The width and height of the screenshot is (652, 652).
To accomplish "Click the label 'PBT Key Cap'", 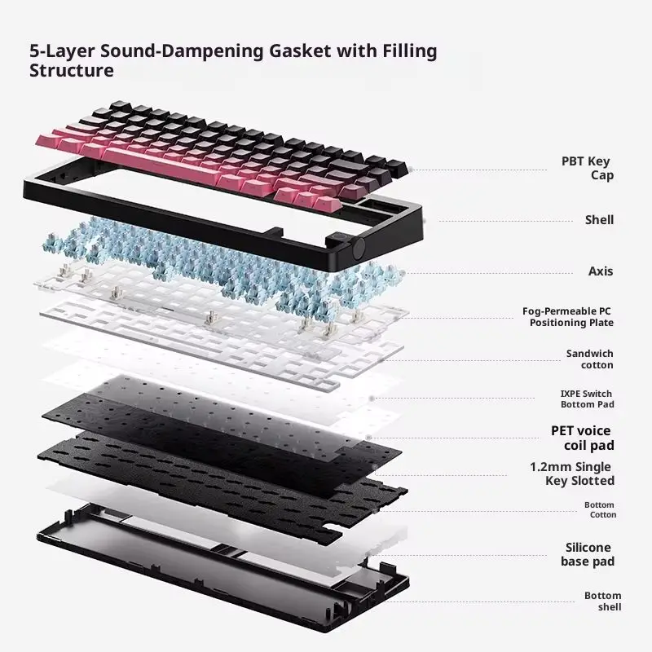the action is coord(587,168).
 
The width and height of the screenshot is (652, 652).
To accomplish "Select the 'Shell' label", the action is coord(599,220).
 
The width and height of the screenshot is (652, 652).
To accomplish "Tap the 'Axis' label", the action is coord(601,271).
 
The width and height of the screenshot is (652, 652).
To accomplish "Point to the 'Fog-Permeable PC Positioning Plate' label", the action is coord(567,317).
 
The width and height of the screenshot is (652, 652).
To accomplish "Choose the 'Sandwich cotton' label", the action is coord(589,359).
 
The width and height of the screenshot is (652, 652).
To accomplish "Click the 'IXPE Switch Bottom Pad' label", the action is coord(587,399).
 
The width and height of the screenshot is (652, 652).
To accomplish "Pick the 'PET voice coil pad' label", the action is coord(582,438).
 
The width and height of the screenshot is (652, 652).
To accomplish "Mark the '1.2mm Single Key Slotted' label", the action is coord(572,474).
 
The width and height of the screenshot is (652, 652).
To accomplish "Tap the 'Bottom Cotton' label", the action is coord(600,510).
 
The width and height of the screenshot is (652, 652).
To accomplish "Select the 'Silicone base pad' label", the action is coord(587,554).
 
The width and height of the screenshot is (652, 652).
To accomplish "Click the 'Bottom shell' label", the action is coord(602,601).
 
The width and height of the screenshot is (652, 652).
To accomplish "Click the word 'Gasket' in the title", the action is coord(300,51).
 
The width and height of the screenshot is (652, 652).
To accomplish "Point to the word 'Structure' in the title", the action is coord(72,70).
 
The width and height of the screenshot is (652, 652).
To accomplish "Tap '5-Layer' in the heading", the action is coord(62,51).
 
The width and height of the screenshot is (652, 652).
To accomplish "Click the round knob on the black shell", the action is coord(359,248).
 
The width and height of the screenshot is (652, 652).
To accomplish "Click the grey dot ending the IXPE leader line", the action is coord(372,399).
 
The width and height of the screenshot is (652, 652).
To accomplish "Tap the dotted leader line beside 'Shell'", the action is coord(505,221).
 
